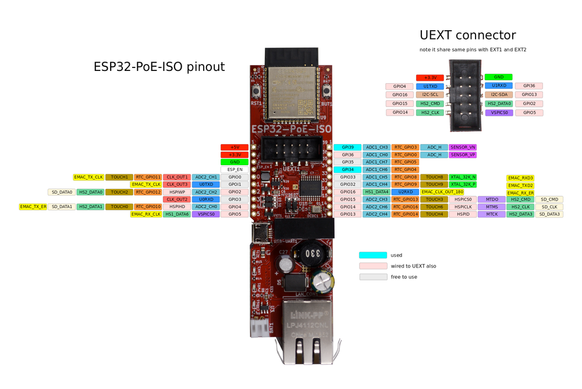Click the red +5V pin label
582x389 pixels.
click(x=235, y=147)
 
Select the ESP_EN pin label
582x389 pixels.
click(x=235, y=170)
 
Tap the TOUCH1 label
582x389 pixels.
click(x=119, y=177)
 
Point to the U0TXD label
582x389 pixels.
click(x=205, y=184)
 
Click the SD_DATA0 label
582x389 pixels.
click(x=62, y=192)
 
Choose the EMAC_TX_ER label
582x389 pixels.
click(x=33, y=206)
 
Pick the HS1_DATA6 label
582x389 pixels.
click(x=177, y=214)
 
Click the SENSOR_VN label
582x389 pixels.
click(x=463, y=147)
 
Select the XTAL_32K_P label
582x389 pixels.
click(x=463, y=184)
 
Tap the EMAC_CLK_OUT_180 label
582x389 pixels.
click(x=442, y=192)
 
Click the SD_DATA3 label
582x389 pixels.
click(x=549, y=214)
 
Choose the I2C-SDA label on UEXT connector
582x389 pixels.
click(x=499, y=94)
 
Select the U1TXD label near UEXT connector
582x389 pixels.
click(x=430, y=86)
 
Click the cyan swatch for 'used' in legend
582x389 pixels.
click(x=373, y=255)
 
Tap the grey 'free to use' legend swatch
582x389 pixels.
click(x=373, y=277)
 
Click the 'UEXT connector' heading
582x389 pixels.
click(x=467, y=35)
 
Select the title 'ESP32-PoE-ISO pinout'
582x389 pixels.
click(x=159, y=67)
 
